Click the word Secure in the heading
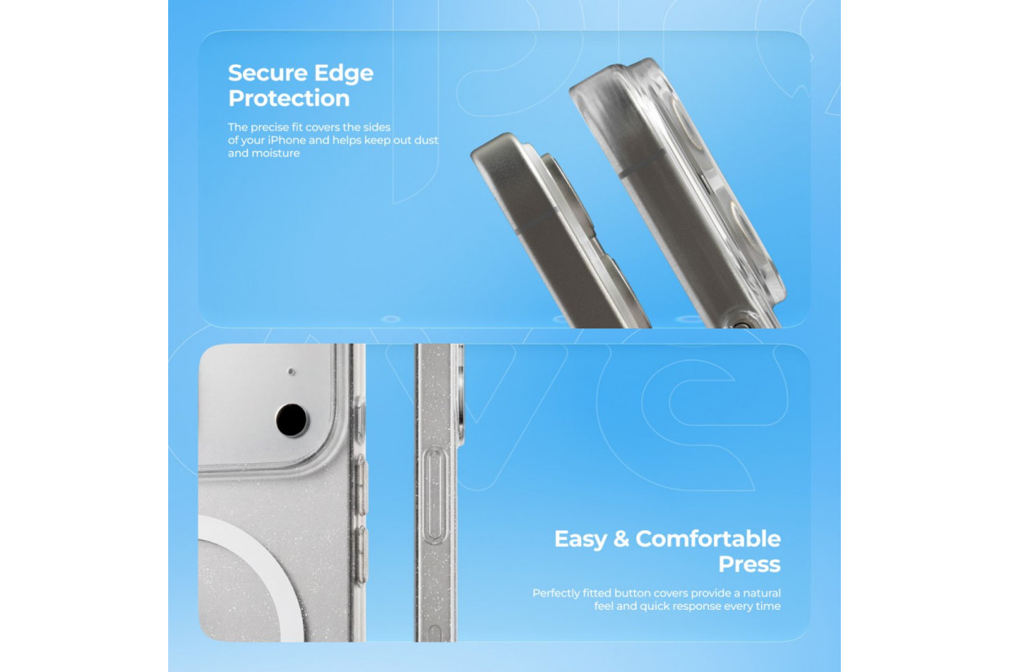(267, 73)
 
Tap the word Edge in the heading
(344, 74)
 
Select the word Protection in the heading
(288, 98)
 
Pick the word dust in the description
(426, 140)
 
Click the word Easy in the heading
(581, 539)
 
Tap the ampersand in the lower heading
(621, 538)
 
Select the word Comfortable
(708, 538)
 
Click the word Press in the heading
(749, 564)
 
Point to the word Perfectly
(556, 593)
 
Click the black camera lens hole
(292, 420)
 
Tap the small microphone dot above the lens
(291, 372)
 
